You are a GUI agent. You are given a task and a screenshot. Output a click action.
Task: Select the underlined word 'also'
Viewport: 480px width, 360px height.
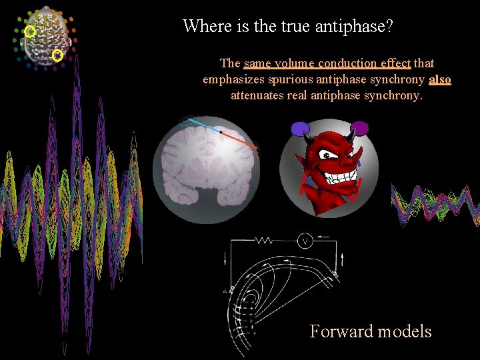tap(440, 79)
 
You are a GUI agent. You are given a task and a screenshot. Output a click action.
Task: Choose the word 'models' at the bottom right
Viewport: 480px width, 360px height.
tap(403, 331)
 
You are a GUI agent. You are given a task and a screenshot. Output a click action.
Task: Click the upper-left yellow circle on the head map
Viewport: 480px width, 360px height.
tap(30, 31)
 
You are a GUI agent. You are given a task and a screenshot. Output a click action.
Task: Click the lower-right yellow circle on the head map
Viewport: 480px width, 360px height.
tap(57, 56)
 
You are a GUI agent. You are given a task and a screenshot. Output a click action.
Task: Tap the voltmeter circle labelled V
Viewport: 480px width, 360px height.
tap(305, 241)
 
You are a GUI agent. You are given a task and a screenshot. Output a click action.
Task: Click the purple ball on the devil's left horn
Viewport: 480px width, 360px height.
tap(300, 128)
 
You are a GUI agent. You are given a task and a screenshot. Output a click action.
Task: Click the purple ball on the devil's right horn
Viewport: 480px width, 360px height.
tap(359, 128)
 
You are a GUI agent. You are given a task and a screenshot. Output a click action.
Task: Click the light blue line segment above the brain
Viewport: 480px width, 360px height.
tap(203, 125)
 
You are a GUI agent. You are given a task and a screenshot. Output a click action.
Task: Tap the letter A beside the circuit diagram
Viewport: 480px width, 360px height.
tap(226, 291)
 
